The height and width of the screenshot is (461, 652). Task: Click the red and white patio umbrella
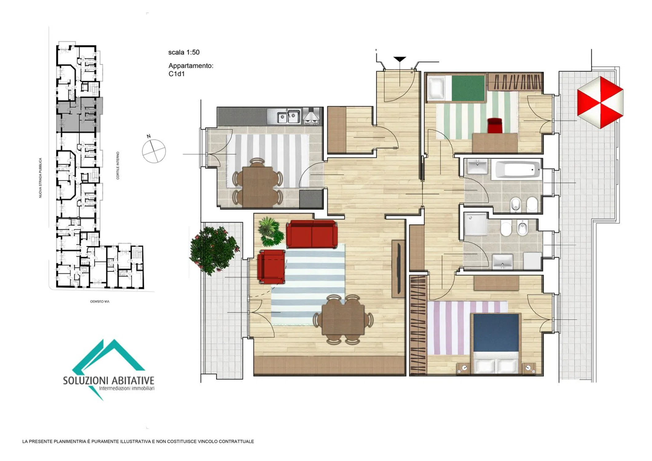coord(600,102)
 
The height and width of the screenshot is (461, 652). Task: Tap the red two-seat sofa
coord(312,234)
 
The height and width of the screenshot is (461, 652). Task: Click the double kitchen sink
coord(289,117)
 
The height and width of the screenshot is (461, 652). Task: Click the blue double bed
coord(496,343)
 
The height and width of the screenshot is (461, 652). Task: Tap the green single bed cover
coord(468,88)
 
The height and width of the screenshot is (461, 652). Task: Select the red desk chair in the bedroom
coord(495,125)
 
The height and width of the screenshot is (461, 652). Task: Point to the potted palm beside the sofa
coord(270,231)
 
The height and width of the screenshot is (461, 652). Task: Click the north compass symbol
coord(153,150)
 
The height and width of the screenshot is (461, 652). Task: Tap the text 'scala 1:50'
coord(184,52)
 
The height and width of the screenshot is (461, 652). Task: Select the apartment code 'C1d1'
coord(176,74)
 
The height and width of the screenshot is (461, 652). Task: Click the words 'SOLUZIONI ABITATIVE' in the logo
coord(109,380)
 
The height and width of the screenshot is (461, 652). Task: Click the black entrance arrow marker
coord(400,59)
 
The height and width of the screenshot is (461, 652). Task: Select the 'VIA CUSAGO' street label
coord(100,301)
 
